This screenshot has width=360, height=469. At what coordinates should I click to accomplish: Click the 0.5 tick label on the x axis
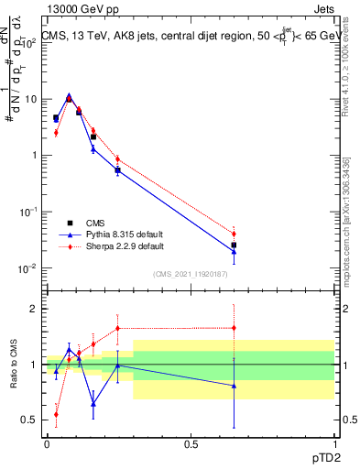[191, 443]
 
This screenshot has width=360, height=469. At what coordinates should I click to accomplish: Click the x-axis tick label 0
[47, 443]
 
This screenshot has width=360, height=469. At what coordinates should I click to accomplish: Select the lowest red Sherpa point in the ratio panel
[56, 414]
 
